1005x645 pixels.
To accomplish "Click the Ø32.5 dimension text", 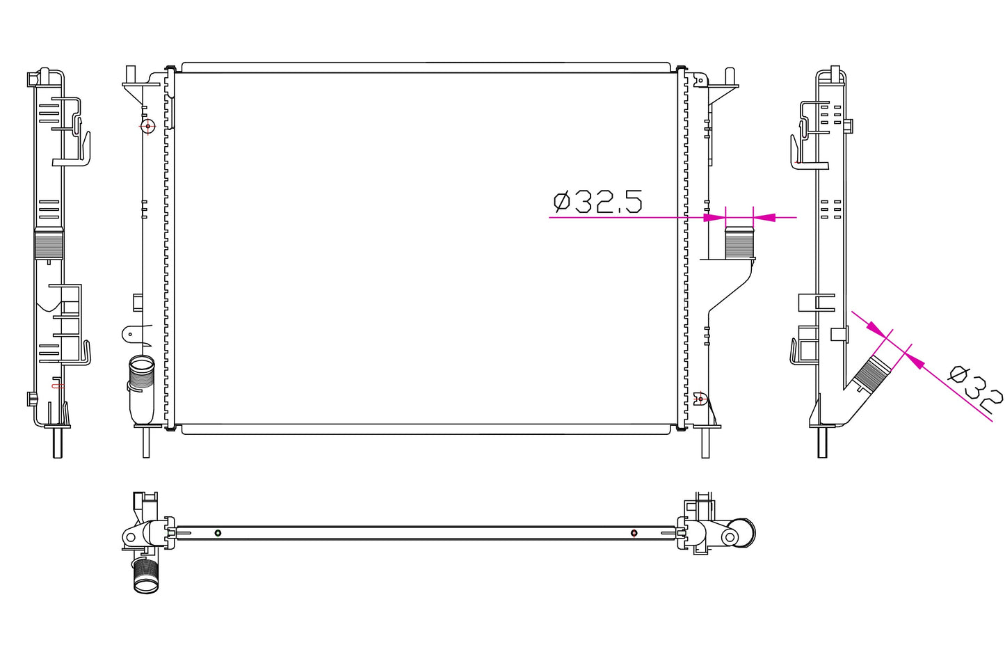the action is [x=597, y=202].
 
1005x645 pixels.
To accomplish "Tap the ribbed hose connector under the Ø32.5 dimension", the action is [x=739, y=243].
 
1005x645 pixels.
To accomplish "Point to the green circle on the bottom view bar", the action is [x=218, y=533].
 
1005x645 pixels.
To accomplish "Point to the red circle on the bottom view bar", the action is [x=634, y=533].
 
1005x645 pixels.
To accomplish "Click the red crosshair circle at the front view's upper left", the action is [x=147, y=127].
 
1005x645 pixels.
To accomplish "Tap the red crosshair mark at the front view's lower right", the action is [x=700, y=399].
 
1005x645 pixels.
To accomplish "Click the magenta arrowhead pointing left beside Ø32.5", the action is [x=764, y=217].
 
